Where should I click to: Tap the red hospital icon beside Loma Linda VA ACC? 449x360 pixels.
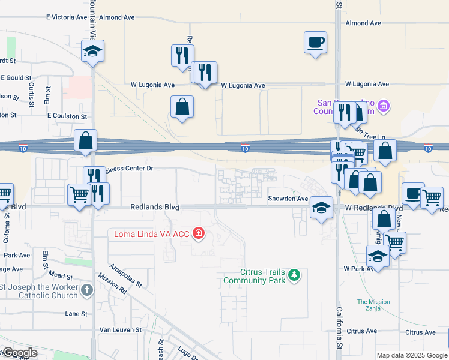pyautogui.click(x=198, y=233)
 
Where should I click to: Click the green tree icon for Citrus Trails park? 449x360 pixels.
pyautogui.click(x=294, y=275)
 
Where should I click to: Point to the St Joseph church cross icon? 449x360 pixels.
pyautogui.click(x=88, y=290)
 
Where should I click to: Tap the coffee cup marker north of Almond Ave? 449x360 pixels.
pyautogui.click(x=315, y=43)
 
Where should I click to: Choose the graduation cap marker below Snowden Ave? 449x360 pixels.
pyautogui.click(x=321, y=208)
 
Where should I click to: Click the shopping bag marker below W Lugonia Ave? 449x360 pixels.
pyautogui.click(x=182, y=107)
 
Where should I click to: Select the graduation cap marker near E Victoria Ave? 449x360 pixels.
pyautogui.click(x=93, y=51)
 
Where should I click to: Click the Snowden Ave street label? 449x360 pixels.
pyautogui.click(x=288, y=199)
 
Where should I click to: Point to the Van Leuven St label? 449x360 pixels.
pyautogui.click(x=120, y=329)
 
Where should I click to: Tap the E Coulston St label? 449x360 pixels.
pyautogui.click(x=67, y=116)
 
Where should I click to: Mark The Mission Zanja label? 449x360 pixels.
pyautogui.click(x=373, y=305)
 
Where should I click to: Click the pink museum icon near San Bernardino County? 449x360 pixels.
pyautogui.click(x=385, y=107)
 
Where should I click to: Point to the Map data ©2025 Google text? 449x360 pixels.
pyautogui.click(x=411, y=355)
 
